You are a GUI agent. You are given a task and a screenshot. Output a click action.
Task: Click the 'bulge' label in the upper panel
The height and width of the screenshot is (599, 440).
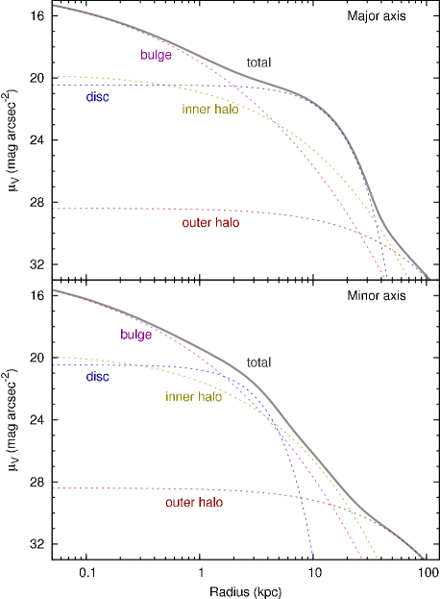tap(156, 56)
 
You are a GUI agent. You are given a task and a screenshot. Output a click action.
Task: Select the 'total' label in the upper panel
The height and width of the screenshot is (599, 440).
tap(258, 63)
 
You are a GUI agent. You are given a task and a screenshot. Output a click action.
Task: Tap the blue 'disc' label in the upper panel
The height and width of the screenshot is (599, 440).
tap(97, 97)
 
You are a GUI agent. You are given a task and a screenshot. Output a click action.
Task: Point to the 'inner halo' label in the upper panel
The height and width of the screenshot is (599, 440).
tap(209, 110)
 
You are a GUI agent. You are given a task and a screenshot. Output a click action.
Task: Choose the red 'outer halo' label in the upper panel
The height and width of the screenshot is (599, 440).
tap(210, 223)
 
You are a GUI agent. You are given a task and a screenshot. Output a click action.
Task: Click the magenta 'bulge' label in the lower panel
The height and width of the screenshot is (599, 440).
tap(135, 336)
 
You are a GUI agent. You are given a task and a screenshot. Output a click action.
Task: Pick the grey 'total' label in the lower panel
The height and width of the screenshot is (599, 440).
tap(258, 363)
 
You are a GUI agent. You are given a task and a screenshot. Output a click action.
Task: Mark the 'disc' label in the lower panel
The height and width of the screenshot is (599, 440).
tap(97, 377)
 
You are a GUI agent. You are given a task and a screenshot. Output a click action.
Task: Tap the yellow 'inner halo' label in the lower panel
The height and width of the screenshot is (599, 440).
tap(193, 397)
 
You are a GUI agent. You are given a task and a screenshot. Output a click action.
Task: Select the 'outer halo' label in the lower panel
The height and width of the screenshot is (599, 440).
tap(194, 503)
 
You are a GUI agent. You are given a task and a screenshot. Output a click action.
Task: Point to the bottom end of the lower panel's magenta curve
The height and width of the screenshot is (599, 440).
tap(362, 558)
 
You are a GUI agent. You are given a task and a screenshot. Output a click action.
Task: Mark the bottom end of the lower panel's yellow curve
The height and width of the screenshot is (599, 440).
tap(378, 558)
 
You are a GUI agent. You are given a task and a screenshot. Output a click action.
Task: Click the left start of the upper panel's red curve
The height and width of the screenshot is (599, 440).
tap(54, 209)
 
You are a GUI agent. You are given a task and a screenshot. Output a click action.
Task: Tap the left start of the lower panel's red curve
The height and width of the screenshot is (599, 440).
tap(54, 488)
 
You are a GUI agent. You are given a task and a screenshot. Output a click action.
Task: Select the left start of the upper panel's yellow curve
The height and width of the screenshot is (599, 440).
tap(54, 75)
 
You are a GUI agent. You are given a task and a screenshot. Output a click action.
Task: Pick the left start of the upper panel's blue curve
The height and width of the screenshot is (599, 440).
tap(54, 86)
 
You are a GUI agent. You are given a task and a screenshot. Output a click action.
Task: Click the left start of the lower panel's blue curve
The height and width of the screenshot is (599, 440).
tap(54, 365)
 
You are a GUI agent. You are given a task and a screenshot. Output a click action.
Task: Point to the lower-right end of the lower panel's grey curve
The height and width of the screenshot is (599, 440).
tap(423, 558)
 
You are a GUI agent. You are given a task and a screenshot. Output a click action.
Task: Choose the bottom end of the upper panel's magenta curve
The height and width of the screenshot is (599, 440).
tap(384, 278)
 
